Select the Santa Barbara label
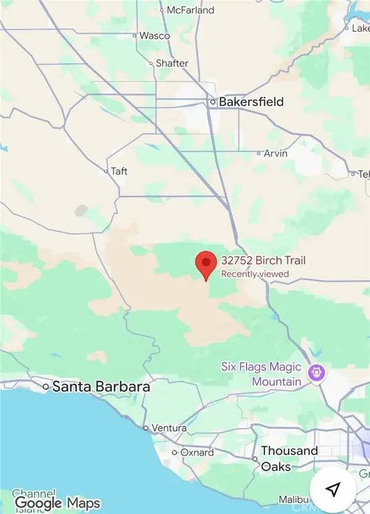coord(101,387)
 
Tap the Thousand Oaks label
coord(289,459)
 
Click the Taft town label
coord(119,171)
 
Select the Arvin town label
coord(276,153)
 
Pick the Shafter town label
coord(171,62)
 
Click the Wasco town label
coord(154,36)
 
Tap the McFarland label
coord(191,10)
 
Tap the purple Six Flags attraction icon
coord(319,373)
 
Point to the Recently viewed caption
coord(255,274)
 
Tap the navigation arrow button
coord(333,489)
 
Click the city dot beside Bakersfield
coord(213,102)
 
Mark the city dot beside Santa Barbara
coord(46,387)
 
